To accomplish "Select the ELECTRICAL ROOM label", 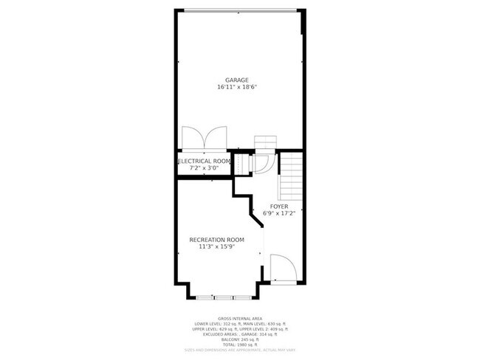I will click(x=205, y=161).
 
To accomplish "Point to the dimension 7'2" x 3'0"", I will click(x=205, y=168).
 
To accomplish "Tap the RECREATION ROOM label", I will click(x=216, y=240).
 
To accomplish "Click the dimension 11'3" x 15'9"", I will click(x=216, y=247).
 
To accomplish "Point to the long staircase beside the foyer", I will click(x=290, y=177).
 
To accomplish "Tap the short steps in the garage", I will click(x=264, y=142).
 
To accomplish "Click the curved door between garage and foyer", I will click(x=264, y=165).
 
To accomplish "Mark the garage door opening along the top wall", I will click(x=241, y=10).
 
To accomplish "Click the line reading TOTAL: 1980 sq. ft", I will click(x=240, y=345).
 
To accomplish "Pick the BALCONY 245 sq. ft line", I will click(x=240, y=339).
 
